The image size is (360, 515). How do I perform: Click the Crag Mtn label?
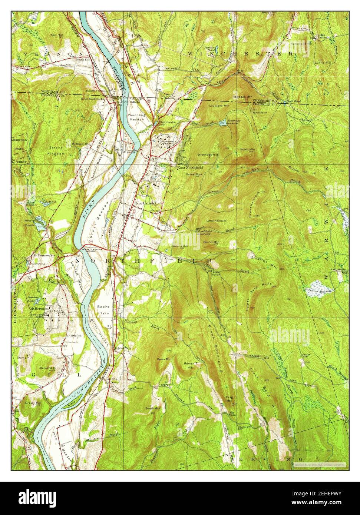pyautogui.click(x=229, y=399)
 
